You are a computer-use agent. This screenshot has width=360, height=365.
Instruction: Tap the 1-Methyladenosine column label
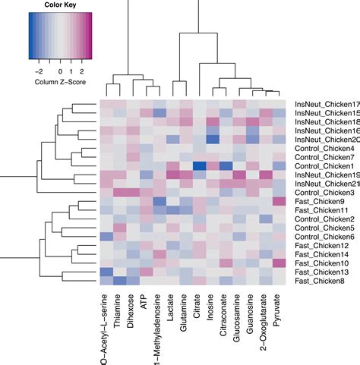click(x=158, y=326)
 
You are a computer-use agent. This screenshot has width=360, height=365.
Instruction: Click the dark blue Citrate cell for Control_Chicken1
click(x=199, y=166)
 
